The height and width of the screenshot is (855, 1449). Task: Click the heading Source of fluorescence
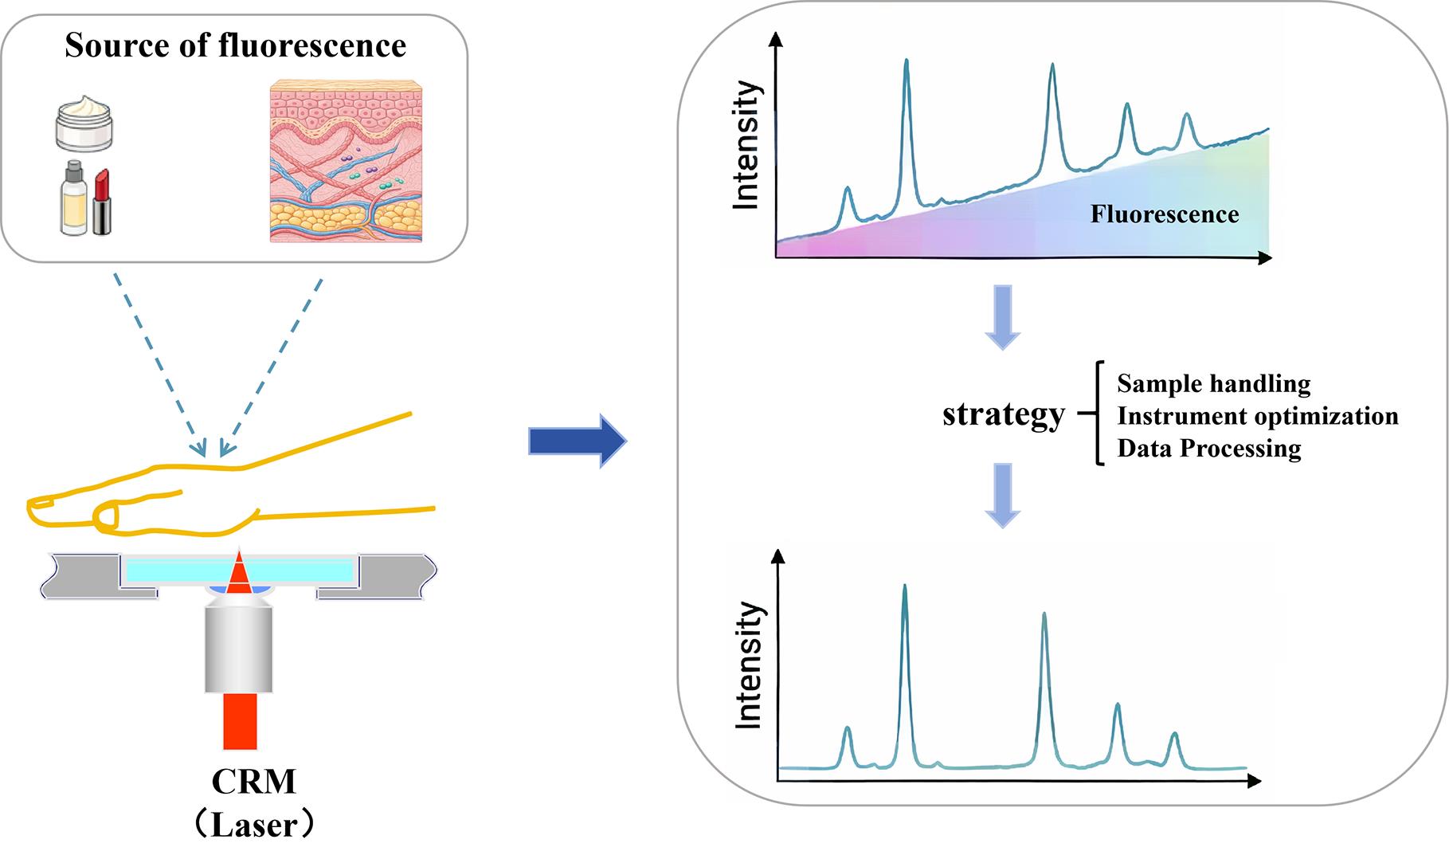point(235,45)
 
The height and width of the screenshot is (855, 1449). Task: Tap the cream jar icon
point(84,123)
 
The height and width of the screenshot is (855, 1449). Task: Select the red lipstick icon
point(102,202)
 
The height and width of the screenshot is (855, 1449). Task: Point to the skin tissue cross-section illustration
point(346,161)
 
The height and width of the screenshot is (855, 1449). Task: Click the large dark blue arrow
point(578,440)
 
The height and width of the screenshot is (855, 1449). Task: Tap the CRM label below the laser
point(253,782)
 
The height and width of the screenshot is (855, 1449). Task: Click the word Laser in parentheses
point(253,826)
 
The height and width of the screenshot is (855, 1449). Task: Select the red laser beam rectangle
point(240,721)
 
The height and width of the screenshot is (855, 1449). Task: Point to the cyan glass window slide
point(239,570)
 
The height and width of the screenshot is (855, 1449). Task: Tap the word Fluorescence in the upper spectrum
point(1165,214)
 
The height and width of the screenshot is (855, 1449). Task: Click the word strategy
point(1004,415)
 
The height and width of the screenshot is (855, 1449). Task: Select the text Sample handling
point(1213,384)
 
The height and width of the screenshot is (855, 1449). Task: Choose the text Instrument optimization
point(1258,416)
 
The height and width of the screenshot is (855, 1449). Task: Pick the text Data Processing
point(1209,449)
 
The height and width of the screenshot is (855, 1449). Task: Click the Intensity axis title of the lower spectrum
point(747,665)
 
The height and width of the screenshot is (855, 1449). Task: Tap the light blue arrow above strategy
point(1003,317)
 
